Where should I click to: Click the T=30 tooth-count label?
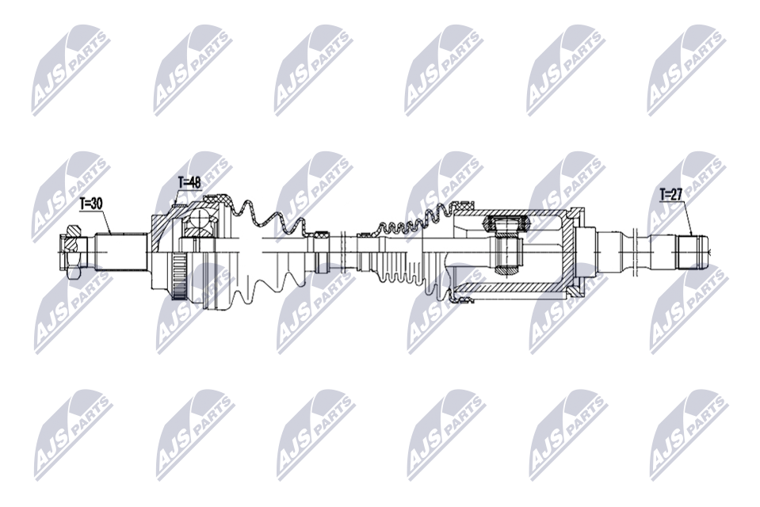click(x=90, y=204)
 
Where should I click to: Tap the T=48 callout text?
click(x=189, y=183)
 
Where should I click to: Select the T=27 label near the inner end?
click(x=670, y=194)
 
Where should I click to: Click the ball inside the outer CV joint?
click(x=199, y=219)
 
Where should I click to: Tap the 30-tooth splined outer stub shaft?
click(x=121, y=252)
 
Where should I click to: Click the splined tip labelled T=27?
click(x=693, y=252)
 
